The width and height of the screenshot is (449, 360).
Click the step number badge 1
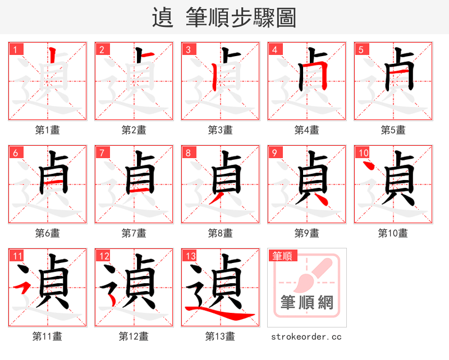click(15, 49)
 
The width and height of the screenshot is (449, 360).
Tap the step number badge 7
click(102, 153)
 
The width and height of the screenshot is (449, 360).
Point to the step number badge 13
click(190, 256)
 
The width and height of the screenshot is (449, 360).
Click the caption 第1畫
click(47, 130)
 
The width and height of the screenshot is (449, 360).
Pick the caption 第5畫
click(393, 130)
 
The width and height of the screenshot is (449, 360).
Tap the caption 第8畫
click(220, 233)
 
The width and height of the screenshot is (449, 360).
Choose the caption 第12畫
click(134, 336)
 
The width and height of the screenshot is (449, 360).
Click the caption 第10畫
click(393, 233)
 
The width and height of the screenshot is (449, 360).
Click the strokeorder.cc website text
click(306, 336)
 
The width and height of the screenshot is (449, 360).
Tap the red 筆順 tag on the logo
click(282, 256)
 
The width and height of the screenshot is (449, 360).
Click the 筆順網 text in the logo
click(306, 303)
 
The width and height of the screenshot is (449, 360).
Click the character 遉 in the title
click(162, 18)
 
